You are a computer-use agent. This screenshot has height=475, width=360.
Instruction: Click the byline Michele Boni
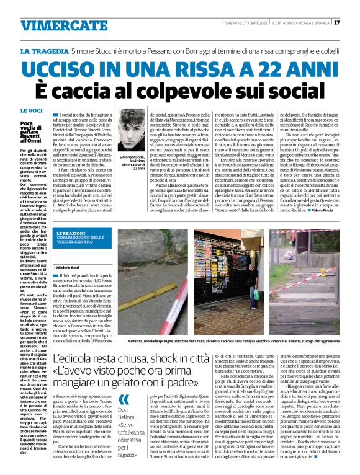click(70, 267)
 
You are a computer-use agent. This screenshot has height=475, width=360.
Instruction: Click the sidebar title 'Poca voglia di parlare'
click(28, 130)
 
